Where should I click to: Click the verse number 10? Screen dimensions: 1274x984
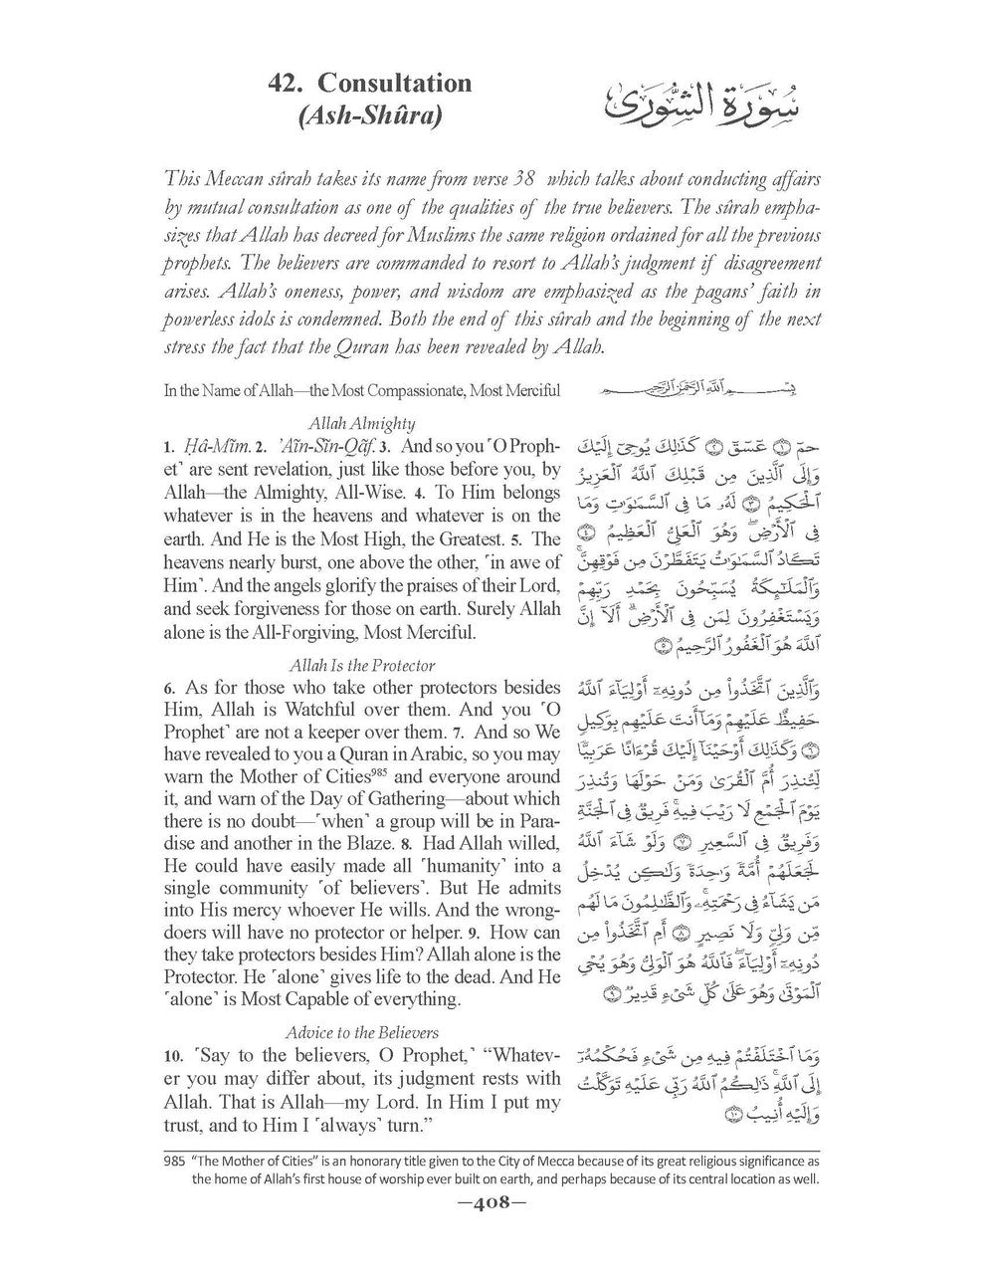[x=175, y=1055]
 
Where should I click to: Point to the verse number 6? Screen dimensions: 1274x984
[x=170, y=688]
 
